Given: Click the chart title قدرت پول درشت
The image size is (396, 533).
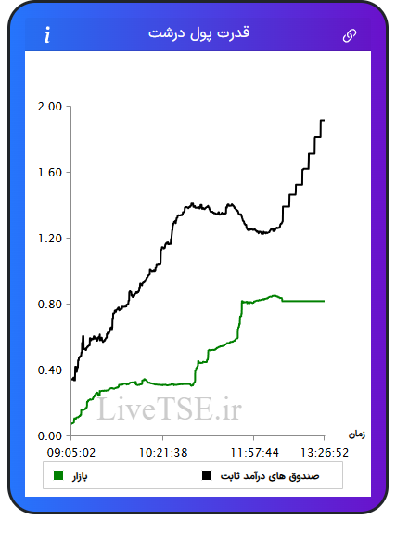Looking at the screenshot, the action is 198,33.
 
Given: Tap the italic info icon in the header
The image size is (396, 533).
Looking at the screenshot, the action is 47,34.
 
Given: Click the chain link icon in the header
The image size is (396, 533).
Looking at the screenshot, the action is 350,35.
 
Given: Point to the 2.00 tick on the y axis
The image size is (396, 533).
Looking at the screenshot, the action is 50,107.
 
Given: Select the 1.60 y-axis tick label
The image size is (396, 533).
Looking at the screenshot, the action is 50,173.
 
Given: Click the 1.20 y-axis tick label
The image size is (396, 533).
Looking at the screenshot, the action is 50,239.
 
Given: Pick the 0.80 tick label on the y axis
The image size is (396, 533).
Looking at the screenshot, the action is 50,304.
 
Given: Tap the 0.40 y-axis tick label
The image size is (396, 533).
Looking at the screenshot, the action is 50,370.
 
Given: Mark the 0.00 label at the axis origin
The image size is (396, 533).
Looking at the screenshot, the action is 50,435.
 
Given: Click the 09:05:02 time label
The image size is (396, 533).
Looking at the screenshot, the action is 71,453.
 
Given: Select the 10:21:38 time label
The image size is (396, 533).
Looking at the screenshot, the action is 163,453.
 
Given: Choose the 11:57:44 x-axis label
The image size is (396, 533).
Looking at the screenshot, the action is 254,453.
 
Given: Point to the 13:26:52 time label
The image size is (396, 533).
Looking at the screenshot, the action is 325,453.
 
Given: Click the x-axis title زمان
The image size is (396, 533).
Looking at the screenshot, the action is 357,435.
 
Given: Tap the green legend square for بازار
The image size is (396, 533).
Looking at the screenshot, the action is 58,475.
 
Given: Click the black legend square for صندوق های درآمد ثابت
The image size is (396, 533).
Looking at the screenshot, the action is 207,475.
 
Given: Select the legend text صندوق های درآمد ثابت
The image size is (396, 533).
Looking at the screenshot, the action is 270,476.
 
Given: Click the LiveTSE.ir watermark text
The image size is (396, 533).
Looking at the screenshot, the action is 169,409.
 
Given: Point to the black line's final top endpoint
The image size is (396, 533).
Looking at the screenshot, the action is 324,120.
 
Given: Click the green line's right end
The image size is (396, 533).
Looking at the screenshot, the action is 324,301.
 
